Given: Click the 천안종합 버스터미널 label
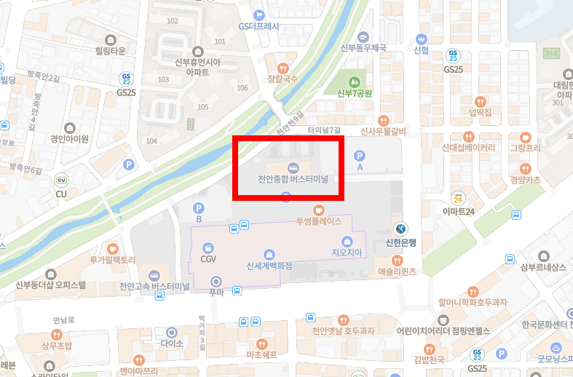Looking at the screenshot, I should [x=293, y=179].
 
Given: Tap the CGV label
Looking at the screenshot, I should [x=209, y=259].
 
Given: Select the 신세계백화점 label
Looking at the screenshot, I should [x=269, y=266].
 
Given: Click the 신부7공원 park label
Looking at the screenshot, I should [x=355, y=93].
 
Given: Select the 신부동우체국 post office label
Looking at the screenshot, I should [x=363, y=48].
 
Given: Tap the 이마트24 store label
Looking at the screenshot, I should [x=459, y=211].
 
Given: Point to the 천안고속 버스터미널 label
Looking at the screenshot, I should [x=154, y=286].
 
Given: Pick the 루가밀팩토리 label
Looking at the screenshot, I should [x=112, y=259].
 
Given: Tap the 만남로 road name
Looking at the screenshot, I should [x=65, y=320].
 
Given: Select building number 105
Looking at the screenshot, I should [x=202, y=107].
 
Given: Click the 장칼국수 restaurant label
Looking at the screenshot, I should [x=282, y=79].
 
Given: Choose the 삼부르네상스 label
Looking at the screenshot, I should [x=543, y=267].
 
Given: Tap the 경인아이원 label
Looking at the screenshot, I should [x=69, y=139].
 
